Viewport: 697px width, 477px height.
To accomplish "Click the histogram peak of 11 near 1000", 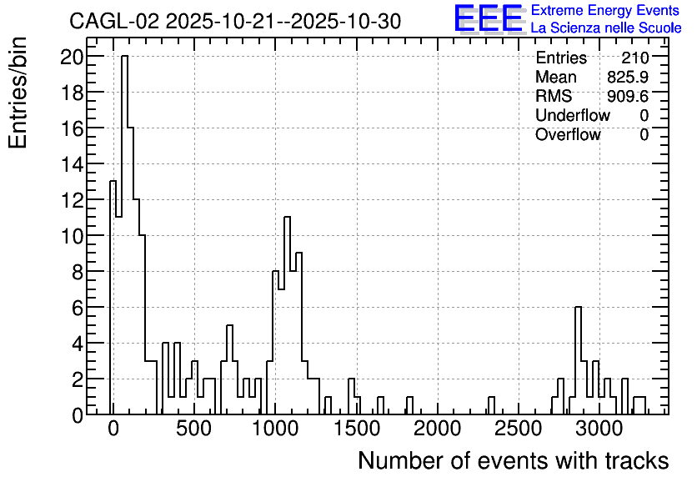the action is coord(287,315).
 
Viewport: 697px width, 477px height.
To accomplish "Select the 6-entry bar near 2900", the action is coord(578,360).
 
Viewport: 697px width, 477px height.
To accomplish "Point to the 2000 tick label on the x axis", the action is coord(438,429).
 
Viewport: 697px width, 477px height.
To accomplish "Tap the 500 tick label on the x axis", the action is coord(193,429).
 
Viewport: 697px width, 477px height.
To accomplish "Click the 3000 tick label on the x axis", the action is coord(599,429).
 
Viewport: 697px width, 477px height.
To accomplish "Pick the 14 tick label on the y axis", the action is coord(72,165).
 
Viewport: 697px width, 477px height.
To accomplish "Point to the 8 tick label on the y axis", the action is coord(78,273).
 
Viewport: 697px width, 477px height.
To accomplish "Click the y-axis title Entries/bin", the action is coord(18,93).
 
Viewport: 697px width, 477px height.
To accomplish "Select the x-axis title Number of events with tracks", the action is coord(514,460).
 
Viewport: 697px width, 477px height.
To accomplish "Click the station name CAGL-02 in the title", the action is coord(114,22).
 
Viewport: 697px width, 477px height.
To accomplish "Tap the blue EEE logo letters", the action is coord(489,18).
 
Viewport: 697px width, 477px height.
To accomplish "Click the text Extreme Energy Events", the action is coord(605,10).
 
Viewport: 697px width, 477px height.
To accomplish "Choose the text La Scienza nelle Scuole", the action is coord(606,28).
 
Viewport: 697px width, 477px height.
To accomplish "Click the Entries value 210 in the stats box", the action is coord(635,58).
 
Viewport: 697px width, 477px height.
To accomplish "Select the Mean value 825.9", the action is coord(628,77).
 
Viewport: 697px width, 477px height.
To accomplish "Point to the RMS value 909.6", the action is coord(628,96).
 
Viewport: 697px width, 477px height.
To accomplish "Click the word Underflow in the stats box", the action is coord(573,115).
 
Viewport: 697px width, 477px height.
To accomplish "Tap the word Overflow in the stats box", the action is coord(568,134).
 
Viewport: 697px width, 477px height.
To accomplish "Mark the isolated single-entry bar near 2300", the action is coord(491,405).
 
